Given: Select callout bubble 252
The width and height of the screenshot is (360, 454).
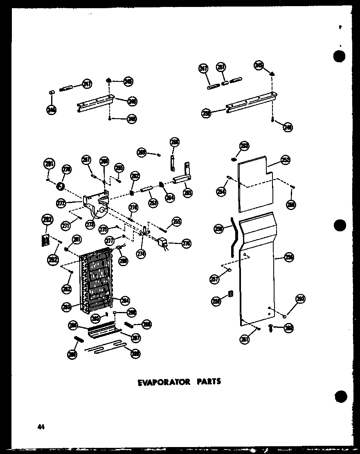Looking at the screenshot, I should coord(285,160).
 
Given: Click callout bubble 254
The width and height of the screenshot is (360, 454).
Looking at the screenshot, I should coord(221,191).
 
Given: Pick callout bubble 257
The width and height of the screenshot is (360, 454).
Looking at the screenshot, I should coord(214,279).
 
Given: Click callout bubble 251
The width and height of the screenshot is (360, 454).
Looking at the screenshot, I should coord(221,67).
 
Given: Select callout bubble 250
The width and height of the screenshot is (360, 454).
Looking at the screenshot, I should coord(206,113).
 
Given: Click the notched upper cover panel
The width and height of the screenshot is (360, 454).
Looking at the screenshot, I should coord(254,184).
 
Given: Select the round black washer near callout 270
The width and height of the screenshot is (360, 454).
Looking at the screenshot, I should coord(61,187).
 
